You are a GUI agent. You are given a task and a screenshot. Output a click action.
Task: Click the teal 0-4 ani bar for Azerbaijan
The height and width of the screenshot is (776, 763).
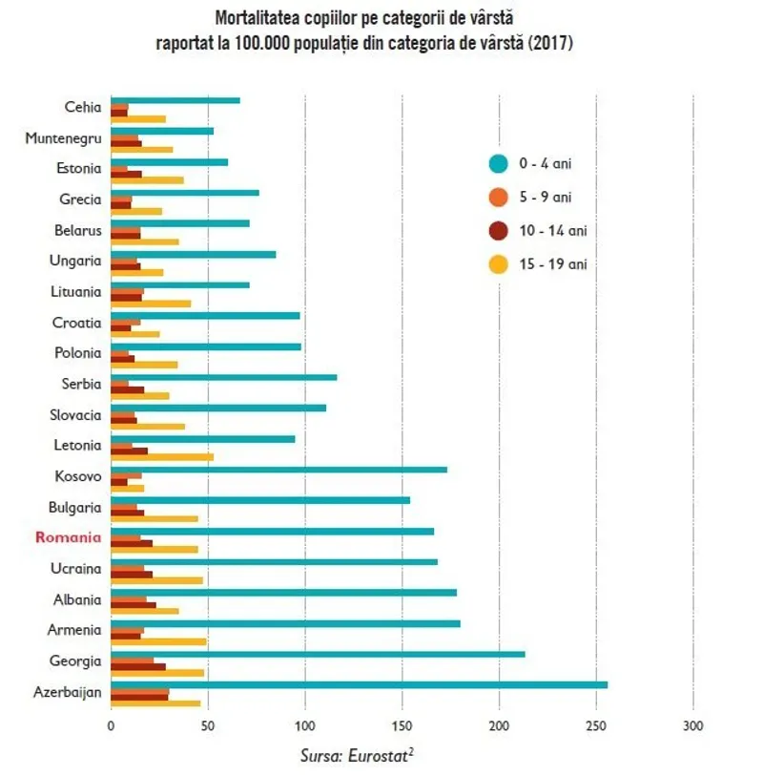point(359,684)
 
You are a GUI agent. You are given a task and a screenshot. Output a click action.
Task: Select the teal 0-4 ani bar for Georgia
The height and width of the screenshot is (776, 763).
point(318,654)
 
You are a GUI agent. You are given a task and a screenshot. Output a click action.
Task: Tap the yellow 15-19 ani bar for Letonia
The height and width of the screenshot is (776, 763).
point(162,456)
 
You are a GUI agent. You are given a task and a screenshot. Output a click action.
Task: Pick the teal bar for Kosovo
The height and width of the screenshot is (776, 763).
point(278,470)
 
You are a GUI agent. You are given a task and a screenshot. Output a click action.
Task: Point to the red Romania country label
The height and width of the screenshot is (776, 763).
point(68,537)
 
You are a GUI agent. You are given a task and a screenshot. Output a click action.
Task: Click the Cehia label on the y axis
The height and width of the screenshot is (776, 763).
point(82,107)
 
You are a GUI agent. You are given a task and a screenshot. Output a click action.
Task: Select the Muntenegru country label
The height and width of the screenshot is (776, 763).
point(63,137)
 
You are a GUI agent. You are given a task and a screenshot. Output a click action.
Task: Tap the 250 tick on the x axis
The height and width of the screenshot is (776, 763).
point(596,725)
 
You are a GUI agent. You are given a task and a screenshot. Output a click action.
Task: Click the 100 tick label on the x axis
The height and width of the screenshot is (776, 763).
point(305,725)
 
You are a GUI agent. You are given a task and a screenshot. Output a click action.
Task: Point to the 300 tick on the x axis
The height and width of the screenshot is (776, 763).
point(693,725)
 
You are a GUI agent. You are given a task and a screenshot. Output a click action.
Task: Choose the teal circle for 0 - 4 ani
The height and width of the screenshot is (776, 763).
point(497,164)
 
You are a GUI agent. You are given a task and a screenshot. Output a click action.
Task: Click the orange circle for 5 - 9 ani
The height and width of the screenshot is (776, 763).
point(497,198)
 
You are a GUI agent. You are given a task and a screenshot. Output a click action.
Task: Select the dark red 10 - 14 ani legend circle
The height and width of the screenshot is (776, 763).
point(497,230)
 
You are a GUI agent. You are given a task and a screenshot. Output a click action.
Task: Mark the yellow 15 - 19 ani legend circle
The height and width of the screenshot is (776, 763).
point(497,263)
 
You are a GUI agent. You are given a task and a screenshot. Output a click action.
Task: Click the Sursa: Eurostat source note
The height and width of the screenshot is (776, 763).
point(357,755)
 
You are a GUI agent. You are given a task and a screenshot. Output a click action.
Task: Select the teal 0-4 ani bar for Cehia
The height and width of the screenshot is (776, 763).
point(175,100)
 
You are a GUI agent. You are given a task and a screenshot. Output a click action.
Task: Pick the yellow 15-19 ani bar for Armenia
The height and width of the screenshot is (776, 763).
point(158,640)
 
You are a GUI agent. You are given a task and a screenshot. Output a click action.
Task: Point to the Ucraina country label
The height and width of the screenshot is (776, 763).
point(76,569)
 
